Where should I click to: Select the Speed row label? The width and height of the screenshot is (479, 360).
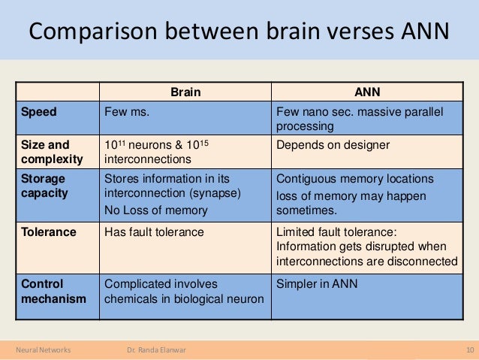[38, 112]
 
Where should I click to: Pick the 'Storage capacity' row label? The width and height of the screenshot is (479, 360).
[44, 186]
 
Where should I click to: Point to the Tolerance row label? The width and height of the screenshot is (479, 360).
[49, 232]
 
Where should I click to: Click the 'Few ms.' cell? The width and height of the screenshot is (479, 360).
[127, 112]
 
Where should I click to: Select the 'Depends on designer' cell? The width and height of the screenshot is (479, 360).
[333, 144]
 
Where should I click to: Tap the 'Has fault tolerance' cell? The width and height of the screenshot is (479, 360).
[154, 232]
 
